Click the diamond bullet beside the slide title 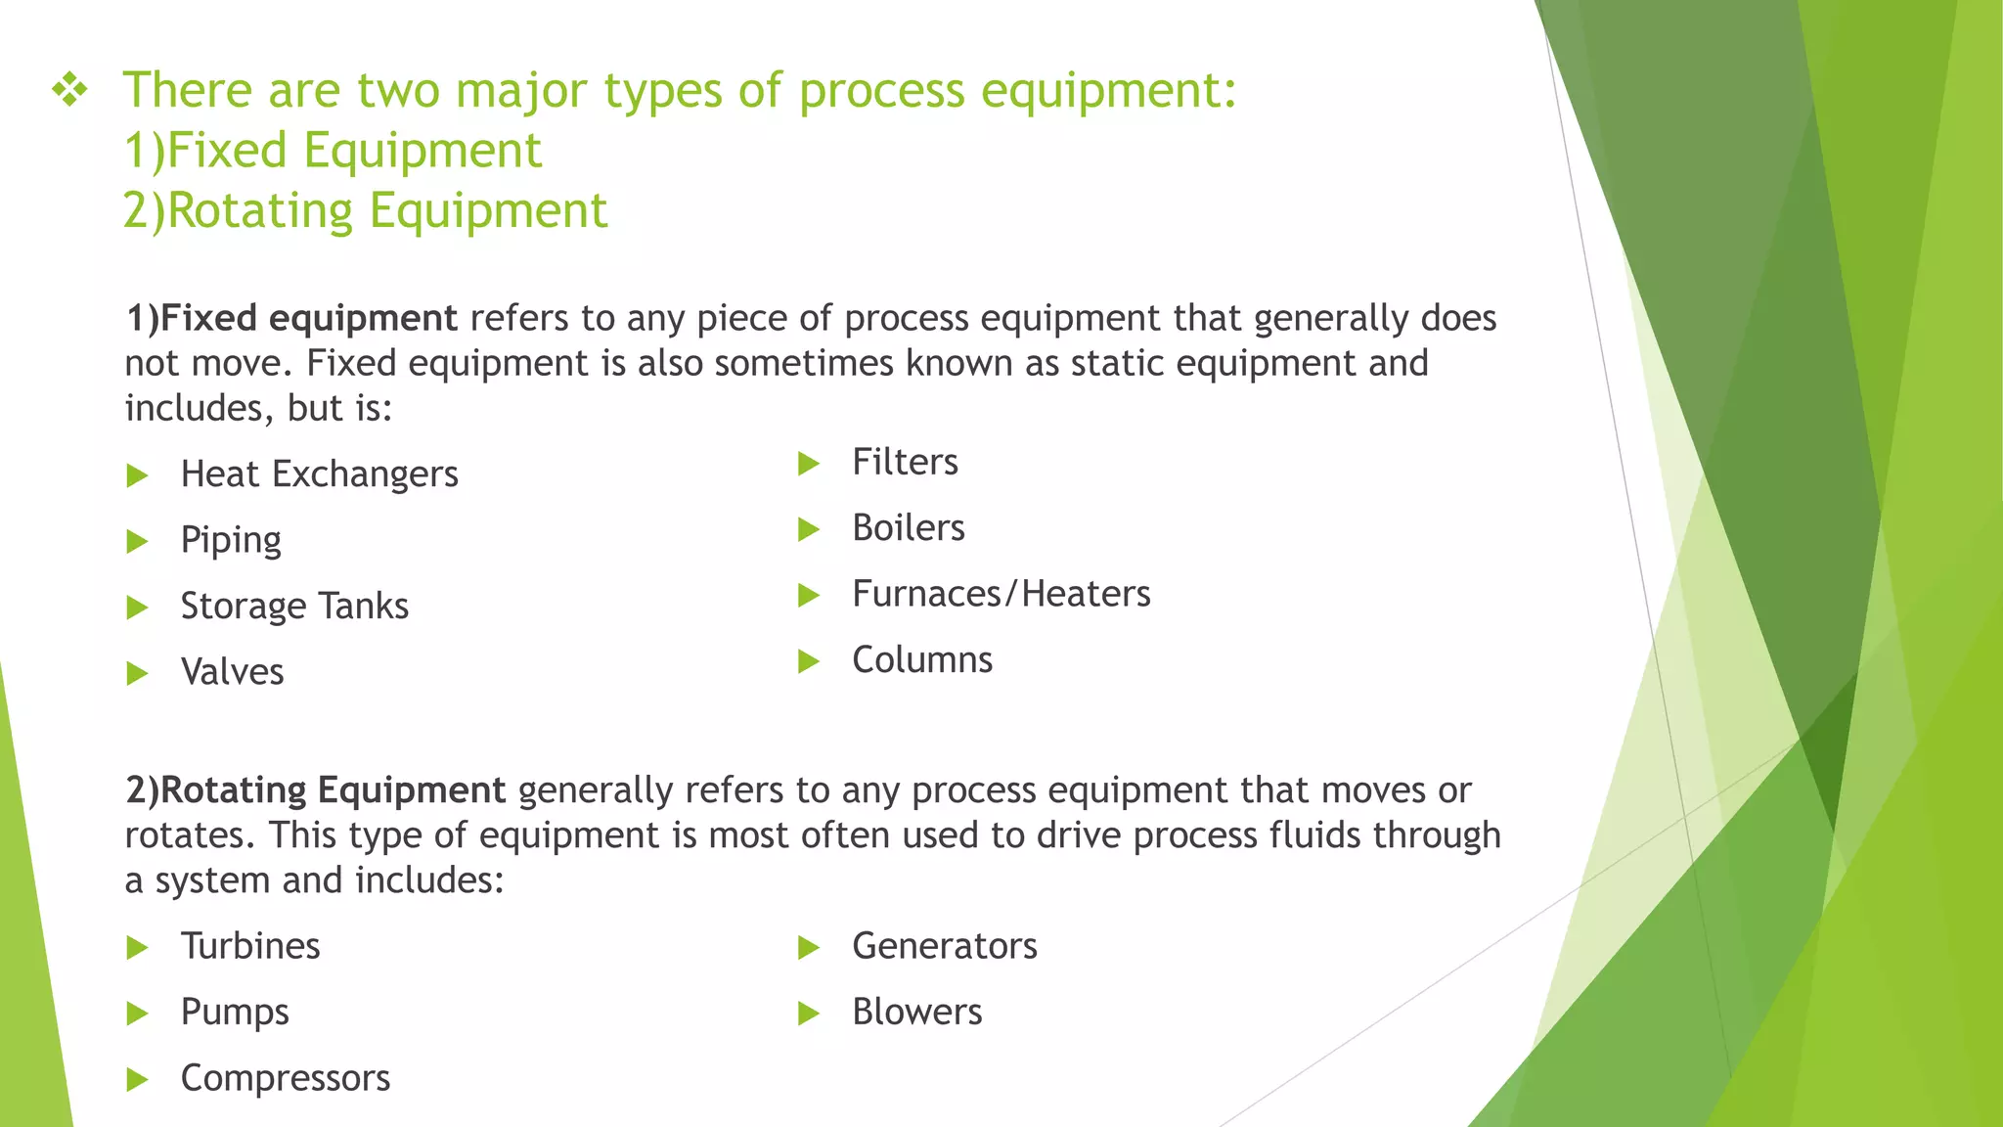click(x=70, y=91)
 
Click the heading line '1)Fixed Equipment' click(x=333, y=151)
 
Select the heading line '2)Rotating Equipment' click(x=365, y=211)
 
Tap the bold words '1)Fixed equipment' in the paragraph click(x=291, y=319)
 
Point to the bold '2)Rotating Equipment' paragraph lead click(x=315, y=790)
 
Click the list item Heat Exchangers click(x=319, y=474)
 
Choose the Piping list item click(x=231, y=540)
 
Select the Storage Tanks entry click(x=294, y=607)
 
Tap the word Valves click(x=233, y=672)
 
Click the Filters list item click(x=905, y=463)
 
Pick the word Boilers click(x=909, y=528)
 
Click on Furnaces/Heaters click(x=1001, y=595)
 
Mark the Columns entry click(x=922, y=660)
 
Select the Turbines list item click(x=250, y=946)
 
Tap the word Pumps click(x=235, y=1013)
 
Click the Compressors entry click(x=286, y=1078)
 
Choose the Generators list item click(x=945, y=946)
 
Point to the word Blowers click(x=916, y=1013)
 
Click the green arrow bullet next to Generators click(x=808, y=947)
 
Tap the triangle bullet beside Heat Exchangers click(x=137, y=476)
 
